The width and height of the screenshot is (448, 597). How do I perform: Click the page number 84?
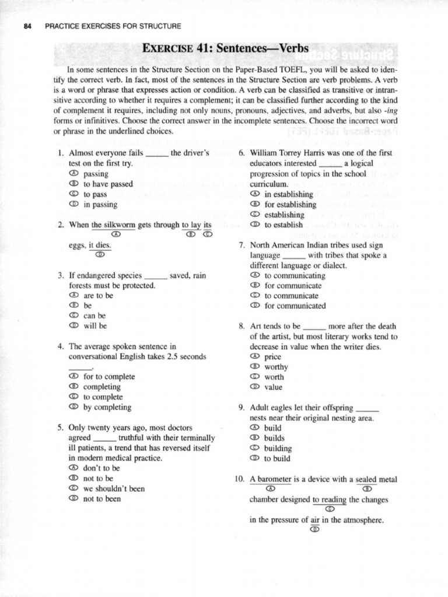pyautogui.click(x=25, y=26)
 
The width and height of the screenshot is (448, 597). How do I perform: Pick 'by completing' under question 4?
pyautogui.click(x=107, y=408)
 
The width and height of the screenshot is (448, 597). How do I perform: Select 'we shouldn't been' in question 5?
pyautogui.click(x=114, y=489)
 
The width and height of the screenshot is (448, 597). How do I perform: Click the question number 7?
pyautogui.click(x=242, y=245)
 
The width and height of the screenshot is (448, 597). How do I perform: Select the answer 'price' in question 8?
pyautogui.click(x=273, y=357)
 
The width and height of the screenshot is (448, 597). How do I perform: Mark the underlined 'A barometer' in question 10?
pyautogui.click(x=269, y=480)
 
